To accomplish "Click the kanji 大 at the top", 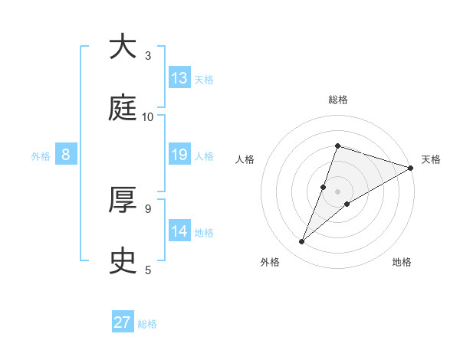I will tap(122, 47).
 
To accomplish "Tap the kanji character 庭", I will tap(122, 109).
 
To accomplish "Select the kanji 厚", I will tap(122, 200).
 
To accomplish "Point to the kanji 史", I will tap(122, 261).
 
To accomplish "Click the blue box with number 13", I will tap(179, 78).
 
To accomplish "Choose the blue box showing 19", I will tap(179, 155).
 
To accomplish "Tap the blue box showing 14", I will tap(179, 231).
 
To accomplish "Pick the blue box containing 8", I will tap(66, 155).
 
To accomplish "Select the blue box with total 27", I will tap(123, 322).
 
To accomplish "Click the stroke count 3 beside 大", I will tap(148, 56).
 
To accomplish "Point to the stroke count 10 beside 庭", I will tap(148, 117).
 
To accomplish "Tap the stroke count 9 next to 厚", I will tap(148, 208).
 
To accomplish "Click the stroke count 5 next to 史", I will tap(148, 270).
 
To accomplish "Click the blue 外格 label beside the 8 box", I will tap(41, 156).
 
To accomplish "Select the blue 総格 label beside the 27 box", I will tap(147, 324).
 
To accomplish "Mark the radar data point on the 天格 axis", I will tap(410, 168).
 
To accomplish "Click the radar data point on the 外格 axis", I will tap(301, 242).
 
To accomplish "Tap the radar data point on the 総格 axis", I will tap(337, 146).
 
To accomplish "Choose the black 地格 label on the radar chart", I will tap(402, 262).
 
